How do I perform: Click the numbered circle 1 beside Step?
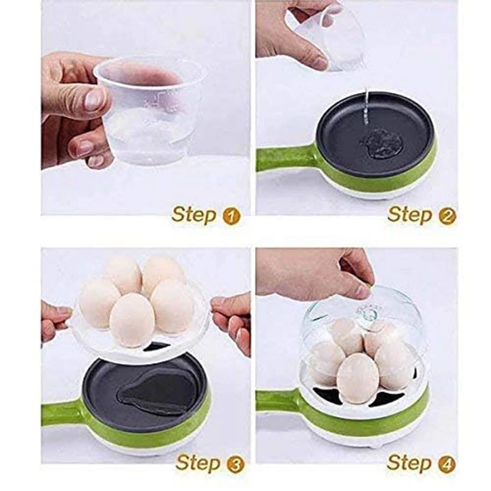pyautogui.click(x=231, y=217)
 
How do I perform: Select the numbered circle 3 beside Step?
pyautogui.click(x=235, y=464)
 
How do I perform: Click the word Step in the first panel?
pyautogui.click(x=194, y=215)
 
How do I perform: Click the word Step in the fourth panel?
pyautogui.click(x=409, y=463)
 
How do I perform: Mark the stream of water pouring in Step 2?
pyautogui.click(x=366, y=108)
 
